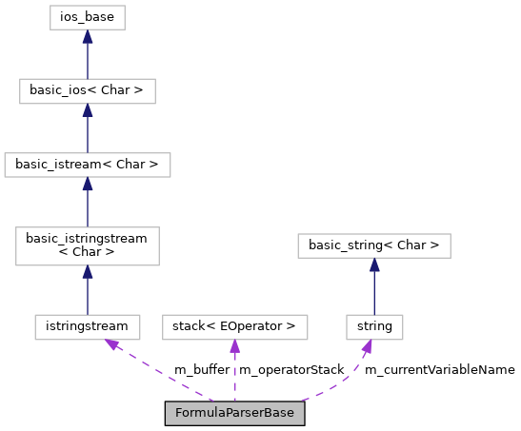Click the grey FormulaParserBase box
click(234, 413)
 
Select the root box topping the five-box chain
click(88, 17)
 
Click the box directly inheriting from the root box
click(88, 91)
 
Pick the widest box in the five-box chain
click(88, 165)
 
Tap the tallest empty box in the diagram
click(88, 246)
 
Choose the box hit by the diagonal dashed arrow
click(88, 327)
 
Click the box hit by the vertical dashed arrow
click(234, 327)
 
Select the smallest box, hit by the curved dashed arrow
click(374, 327)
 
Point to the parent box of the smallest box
click(374, 245)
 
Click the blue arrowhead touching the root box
click(88, 36)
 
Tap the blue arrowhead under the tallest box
click(88, 272)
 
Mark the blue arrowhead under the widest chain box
click(88, 184)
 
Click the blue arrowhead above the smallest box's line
click(374, 264)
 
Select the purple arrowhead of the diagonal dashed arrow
click(112, 344)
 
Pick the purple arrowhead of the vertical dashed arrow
click(234, 346)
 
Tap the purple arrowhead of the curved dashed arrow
click(367, 347)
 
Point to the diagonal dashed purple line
click(162, 373)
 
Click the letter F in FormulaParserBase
click(178, 413)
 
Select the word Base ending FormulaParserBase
click(279, 413)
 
